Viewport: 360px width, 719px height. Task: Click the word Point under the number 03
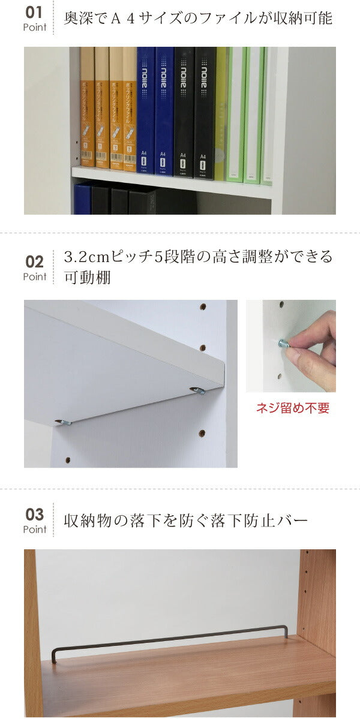click(x=35, y=530)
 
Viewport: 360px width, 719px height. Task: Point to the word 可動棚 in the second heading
click(x=87, y=278)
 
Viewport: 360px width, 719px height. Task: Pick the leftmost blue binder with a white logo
click(x=145, y=111)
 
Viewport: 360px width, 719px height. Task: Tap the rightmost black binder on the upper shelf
click(x=205, y=111)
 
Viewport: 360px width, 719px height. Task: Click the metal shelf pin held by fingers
click(x=282, y=344)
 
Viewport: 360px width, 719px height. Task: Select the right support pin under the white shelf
click(x=197, y=390)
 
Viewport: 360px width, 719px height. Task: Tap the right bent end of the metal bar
click(x=286, y=631)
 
